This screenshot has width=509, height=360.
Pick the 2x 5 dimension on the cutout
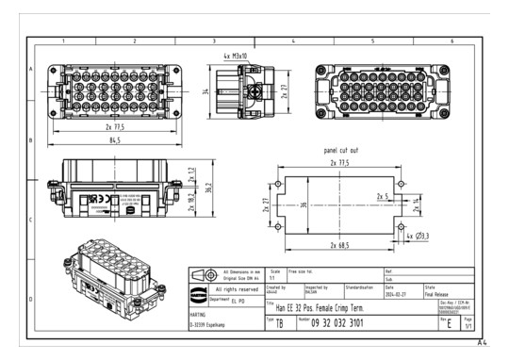click(382, 197)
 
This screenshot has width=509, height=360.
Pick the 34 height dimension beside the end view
click(205, 92)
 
